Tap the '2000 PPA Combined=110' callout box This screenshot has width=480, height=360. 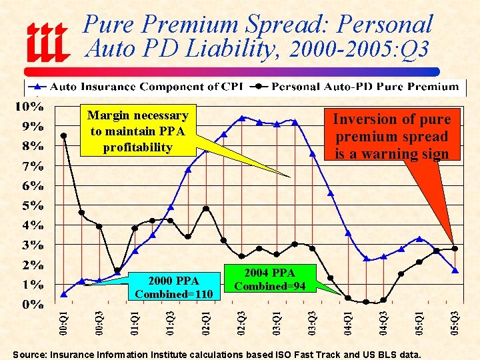[173, 287]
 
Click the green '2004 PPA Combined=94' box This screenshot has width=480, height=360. [270, 279]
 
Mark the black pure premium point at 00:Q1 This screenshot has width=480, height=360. [63, 135]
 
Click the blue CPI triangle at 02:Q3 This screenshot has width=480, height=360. [242, 118]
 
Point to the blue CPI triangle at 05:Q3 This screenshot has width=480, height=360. [455, 270]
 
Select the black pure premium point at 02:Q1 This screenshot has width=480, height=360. [206, 209]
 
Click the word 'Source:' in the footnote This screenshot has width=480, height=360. [31, 355]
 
